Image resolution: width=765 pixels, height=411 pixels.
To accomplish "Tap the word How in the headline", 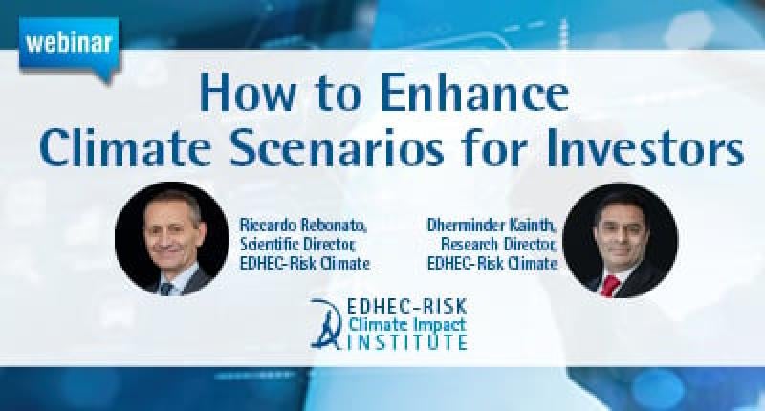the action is click(247, 93).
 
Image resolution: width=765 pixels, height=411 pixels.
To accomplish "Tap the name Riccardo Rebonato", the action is click(303, 226).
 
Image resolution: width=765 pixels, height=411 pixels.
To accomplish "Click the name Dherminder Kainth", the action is click(492, 226).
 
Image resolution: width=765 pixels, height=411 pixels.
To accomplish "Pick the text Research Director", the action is click(498, 245).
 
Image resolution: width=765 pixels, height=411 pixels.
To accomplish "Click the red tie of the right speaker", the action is click(609, 285).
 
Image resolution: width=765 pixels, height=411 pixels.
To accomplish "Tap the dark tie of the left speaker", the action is click(165, 289).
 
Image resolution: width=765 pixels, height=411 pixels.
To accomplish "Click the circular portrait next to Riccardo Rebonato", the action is click(172, 239).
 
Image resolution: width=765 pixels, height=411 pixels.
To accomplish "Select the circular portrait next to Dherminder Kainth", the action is click(620, 240).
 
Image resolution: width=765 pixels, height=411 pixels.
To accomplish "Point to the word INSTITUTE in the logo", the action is click(405, 341).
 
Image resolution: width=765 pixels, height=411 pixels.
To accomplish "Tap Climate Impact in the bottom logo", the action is click(407, 324).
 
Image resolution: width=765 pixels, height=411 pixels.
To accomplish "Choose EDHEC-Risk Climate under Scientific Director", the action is click(305, 263).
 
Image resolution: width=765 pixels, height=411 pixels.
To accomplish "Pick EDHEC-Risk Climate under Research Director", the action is click(492, 263).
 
